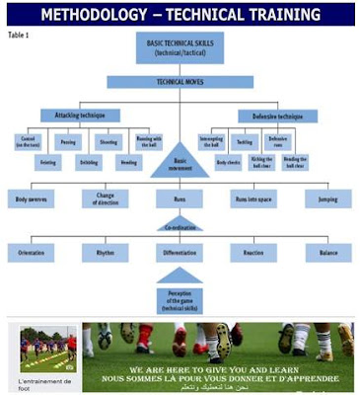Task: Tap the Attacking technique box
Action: click(x=82, y=116)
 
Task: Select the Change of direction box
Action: click(x=106, y=198)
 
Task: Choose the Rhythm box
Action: click(x=106, y=253)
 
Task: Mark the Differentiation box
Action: click(x=179, y=253)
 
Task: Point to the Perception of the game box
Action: click(x=179, y=298)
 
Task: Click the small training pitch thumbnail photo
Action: click(x=47, y=347)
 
